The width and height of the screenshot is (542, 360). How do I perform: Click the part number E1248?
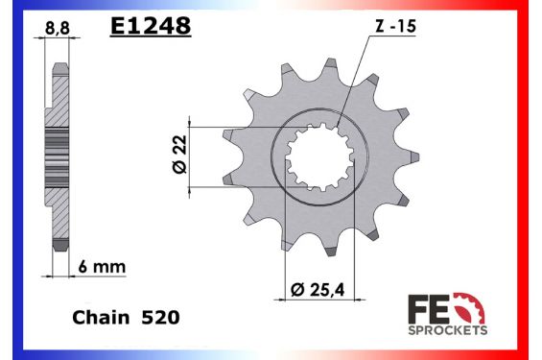click(x=150, y=26)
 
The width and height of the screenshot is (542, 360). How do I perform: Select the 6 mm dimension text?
click(x=106, y=265)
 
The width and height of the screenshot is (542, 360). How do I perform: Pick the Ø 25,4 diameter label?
click(x=320, y=289)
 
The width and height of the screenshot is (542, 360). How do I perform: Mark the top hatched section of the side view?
click(x=57, y=96)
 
